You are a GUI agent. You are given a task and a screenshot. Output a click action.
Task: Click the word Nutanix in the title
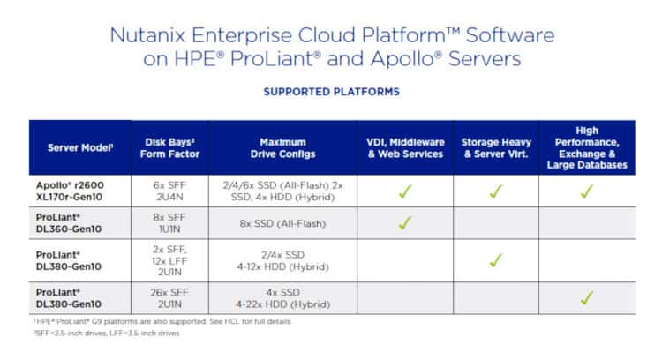pyautogui.click(x=147, y=35)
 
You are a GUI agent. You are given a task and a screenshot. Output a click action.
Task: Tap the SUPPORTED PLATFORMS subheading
pyautogui.click(x=331, y=92)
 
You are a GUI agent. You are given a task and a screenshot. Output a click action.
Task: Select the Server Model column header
pyautogui.click(x=80, y=147)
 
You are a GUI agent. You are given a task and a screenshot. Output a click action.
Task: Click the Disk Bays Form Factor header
pyautogui.click(x=169, y=148)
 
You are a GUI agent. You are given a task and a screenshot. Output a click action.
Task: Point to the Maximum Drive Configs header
pyautogui.click(x=282, y=148)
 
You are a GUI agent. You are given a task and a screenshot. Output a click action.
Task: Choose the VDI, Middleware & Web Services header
pyautogui.click(x=405, y=148)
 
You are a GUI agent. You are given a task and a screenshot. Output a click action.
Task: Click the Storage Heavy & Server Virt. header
pyautogui.click(x=496, y=148)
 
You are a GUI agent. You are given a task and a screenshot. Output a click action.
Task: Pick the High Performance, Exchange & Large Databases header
pyautogui.click(x=587, y=147)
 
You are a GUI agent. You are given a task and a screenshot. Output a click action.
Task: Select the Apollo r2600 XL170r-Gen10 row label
pyautogui.click(x=70, y=191)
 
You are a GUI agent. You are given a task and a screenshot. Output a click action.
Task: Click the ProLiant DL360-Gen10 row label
pyautogui.click(x=69, y=223)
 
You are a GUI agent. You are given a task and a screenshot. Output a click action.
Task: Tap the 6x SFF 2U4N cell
pyautogui.click(x=169, y=191)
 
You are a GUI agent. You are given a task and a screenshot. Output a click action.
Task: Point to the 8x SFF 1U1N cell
pyautogui.click(x=169, y=223)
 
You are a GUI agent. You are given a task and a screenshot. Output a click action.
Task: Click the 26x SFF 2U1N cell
pyautogui.click(x=169, y=298)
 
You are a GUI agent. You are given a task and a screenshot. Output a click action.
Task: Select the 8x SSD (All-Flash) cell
pyautogui.click(x=282, y=223)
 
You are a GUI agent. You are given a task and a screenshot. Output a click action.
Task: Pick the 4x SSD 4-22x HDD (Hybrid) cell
pyautogui.click(x=282, y=298)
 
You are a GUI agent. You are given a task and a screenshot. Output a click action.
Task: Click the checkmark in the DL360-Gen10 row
pyautogui.click(x=405, y=222)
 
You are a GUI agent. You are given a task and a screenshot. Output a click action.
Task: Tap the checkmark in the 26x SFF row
pyautogui.click(x=587, y=298)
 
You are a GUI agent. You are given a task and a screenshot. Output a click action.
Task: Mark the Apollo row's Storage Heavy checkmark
pyautogui.click(x=496, y=191)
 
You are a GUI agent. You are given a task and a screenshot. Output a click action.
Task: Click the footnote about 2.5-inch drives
pyautogui.click(x=107, y=333)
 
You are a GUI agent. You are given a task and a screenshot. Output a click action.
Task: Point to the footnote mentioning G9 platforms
pyautogui.click(x=162, y=321)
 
